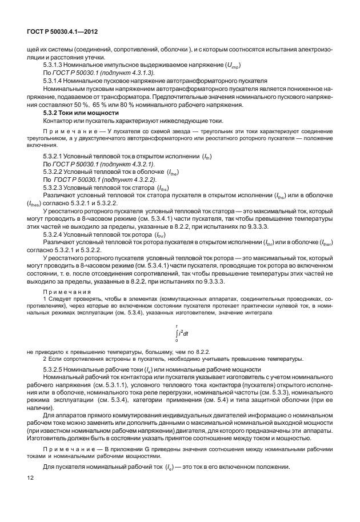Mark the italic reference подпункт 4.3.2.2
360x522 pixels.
(x=123, y=179)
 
